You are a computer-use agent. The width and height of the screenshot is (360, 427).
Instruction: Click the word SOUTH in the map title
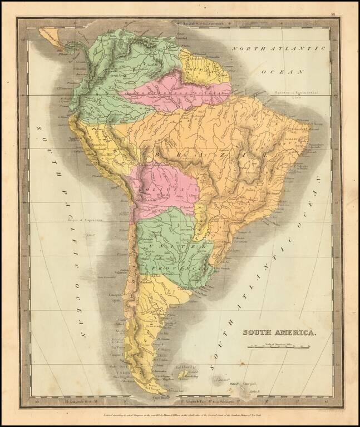pos(260,334)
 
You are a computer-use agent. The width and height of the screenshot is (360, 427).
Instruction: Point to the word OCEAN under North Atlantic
pos(284,72)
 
